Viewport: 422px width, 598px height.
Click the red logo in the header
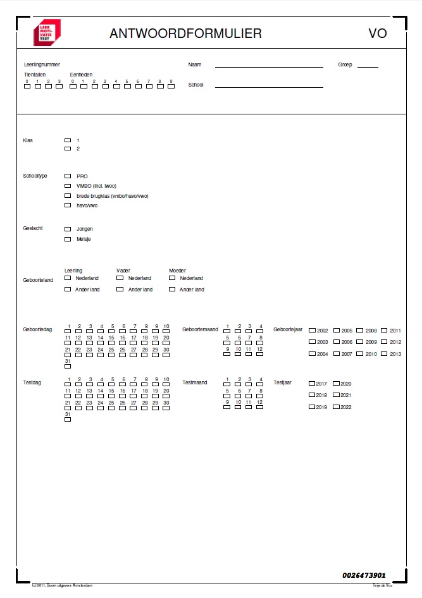47,33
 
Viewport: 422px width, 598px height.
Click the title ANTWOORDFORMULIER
185,34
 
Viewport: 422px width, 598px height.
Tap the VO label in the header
377,34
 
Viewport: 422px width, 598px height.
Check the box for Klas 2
68,149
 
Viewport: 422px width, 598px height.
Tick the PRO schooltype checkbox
68,176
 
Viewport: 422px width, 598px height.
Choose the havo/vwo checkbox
68,205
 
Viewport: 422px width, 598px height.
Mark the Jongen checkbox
68,229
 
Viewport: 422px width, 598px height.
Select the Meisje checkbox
68,240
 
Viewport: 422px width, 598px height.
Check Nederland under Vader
120,278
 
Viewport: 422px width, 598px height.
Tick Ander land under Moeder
172,290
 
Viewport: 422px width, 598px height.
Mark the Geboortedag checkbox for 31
68,367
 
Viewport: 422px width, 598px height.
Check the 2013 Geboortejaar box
384,354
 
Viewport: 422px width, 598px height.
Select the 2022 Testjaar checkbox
336,407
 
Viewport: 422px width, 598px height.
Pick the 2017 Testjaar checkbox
312,384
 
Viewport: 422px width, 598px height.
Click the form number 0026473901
364,575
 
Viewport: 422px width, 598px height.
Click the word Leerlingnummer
42,64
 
